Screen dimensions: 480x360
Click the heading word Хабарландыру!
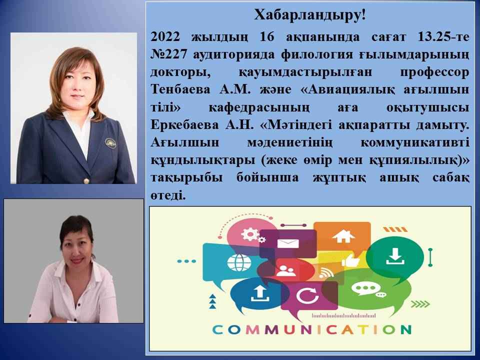click(x=310, y=15)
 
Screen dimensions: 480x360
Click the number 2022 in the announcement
click(x=165, y=37)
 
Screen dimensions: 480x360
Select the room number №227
click(x=168, y=54)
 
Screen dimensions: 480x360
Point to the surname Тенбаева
click(x=180, y=89)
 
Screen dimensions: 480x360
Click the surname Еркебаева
click(x=184, y=125)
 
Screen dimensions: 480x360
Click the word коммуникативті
click(x=415, y=142)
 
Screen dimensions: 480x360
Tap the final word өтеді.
click(x=168, y=195)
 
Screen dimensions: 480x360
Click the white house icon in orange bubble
click(x=343, y=236)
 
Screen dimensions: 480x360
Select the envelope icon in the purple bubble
click(x=288, y=243)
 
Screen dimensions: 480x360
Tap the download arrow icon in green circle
click(x=395, y=256)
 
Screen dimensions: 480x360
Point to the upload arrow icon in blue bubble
click(x=259, y=293)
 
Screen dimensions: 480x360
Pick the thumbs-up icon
click(x=350, y=260)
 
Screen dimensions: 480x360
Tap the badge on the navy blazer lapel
click(x=110, y=142)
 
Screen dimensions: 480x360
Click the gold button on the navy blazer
click(x=87, y=180)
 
